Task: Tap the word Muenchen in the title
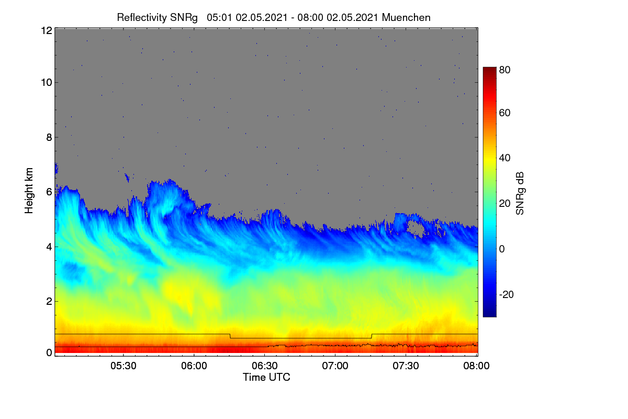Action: pyautogui.click(x=406, y=18)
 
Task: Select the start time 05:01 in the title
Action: pyautogui.click(x=219, y=18)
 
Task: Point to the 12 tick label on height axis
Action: pyautogui.click(x=47, y=30)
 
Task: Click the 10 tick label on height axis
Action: pyautogui.click(x=47, y=83)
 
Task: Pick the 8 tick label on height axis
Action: pyautogui.click(x=49, y=138)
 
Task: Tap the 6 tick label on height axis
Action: pyautogui.click(x=49, y=192)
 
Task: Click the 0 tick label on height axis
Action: pyautogui.click(x=49, y=353)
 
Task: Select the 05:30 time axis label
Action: pyautogui.click(x=124, y=366)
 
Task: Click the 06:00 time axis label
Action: pyautogui.click(x=194, y=366)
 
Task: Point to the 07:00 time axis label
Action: pyautogui.click(x=335, y=366)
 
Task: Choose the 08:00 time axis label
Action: pyautogui.click(x=476, y=366)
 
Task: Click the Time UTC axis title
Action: pyautogui.click(x=266, y=377)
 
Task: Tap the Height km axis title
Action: pyautogui.click(x=29, y=191)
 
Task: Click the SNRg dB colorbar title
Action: pyautogui.click(x=520, y=194)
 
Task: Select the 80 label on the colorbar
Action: pyautogui.click(x=504, y=70)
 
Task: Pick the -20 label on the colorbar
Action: pyautogui.click(x=507, y=294)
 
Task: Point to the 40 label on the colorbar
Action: pyautogui.click(x=504, y=158)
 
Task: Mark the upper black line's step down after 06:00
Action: pyautogui.click(x=230, y=336)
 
